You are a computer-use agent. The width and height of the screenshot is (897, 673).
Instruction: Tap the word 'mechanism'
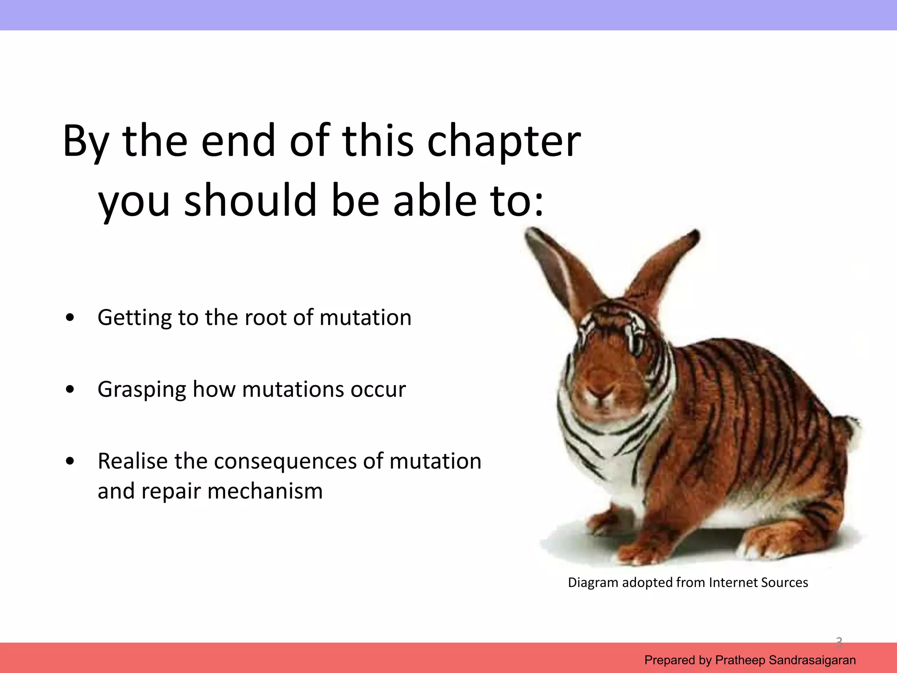click(x=265, y=491)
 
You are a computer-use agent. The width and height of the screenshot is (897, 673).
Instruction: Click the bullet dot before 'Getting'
click(x=70, y=318)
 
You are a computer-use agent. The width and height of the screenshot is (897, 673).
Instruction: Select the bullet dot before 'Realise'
click(x=70, y=461)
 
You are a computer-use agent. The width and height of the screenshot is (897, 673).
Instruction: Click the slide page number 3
click(x=839, y=642)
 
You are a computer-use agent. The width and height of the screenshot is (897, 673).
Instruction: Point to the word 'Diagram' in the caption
click(x=593, y=583)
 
